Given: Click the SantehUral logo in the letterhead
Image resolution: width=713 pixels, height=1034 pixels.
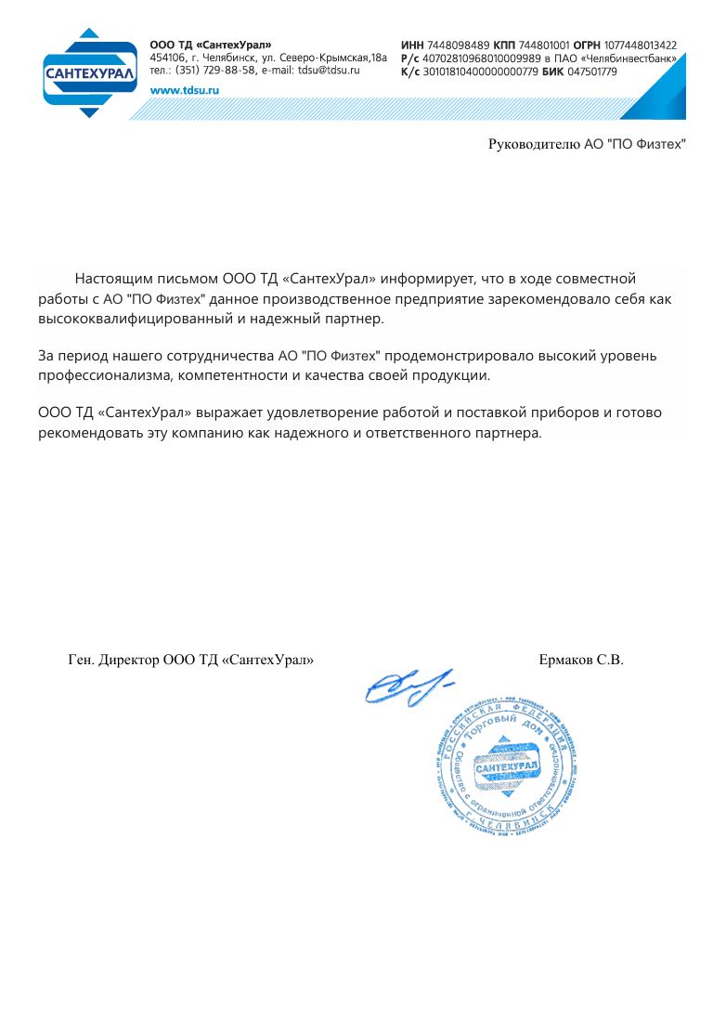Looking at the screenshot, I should [x=89, y=72].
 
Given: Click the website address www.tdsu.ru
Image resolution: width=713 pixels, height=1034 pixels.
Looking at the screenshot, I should [x=184, y=90].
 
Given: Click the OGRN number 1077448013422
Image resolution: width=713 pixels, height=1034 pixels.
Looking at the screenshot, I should [x=641, y=45].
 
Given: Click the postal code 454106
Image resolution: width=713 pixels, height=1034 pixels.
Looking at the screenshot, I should [x=167, y=58].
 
